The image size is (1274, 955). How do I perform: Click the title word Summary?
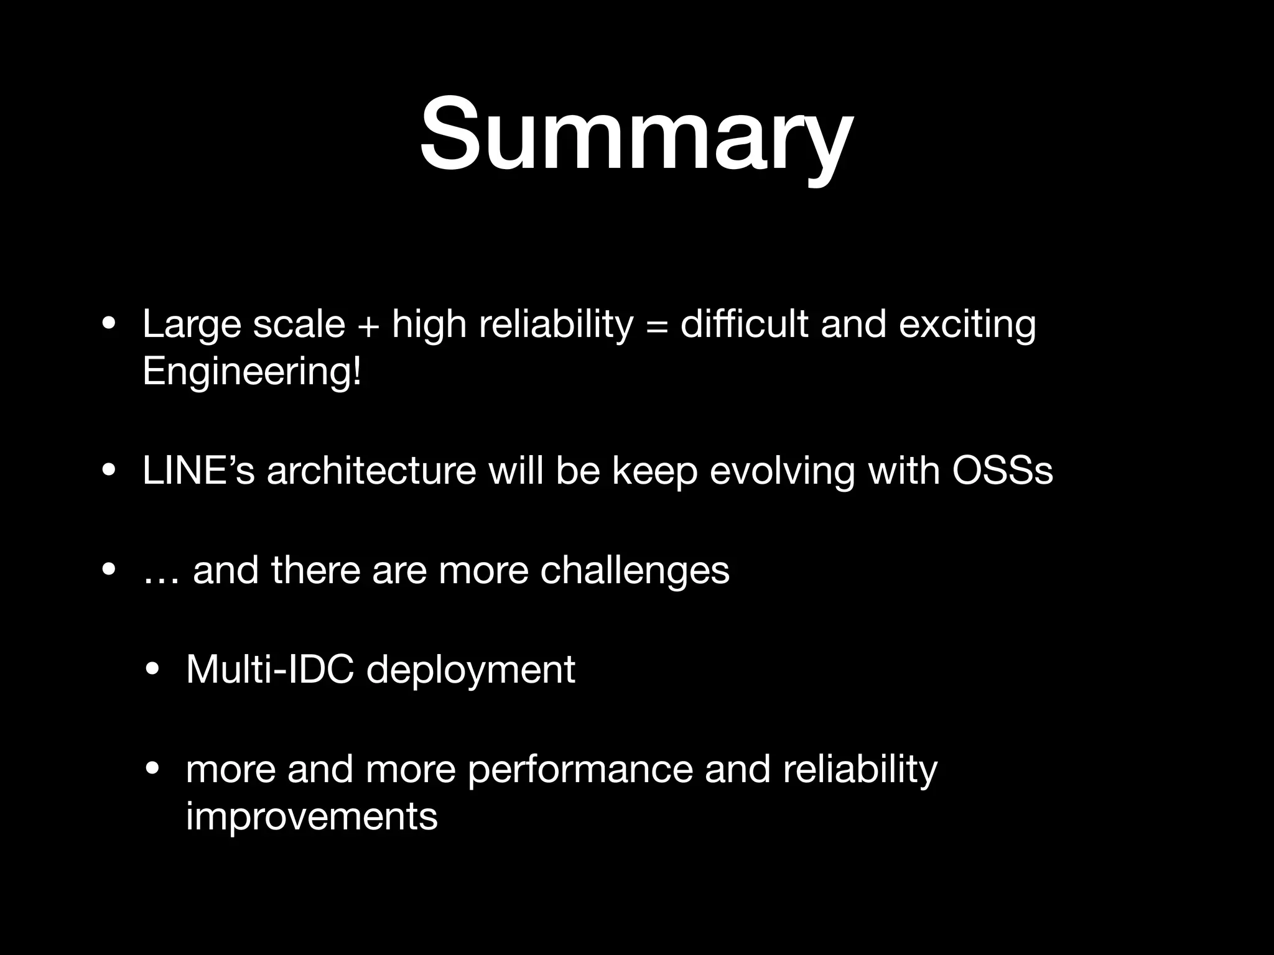pos(636,134)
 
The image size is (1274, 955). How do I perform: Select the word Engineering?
pos(251,372)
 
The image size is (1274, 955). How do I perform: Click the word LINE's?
pos(198,471)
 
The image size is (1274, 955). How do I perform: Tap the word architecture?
pos(371,471)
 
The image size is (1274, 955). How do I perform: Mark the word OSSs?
pos(1002,471)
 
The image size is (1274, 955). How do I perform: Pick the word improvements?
pos(312,816)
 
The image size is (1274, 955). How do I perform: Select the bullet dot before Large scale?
pos(109,325)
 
